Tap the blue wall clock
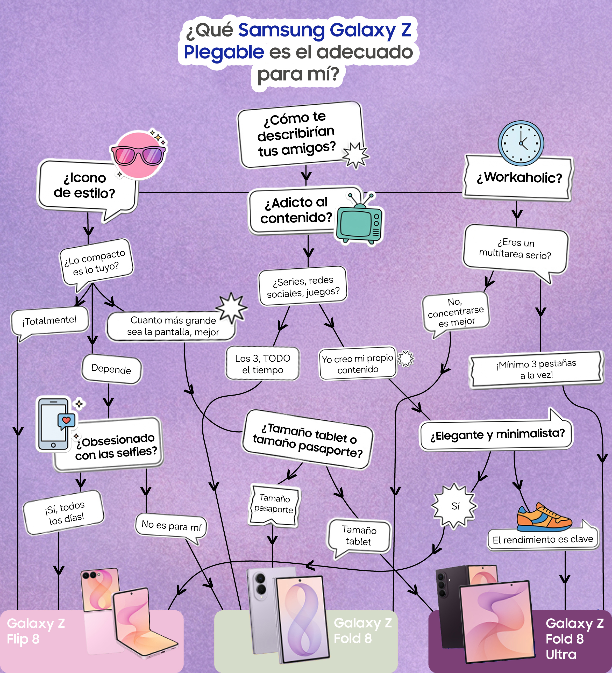[521, 143]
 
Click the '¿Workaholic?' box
[518, 178]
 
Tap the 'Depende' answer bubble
[111, 369]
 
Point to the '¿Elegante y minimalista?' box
[496, 434]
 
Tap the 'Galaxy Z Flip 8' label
[36, 631]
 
